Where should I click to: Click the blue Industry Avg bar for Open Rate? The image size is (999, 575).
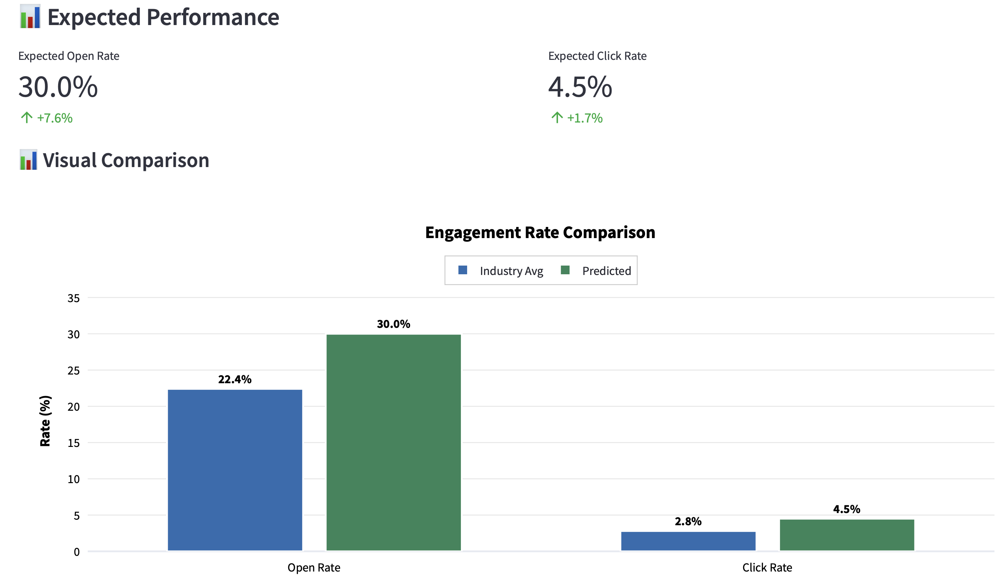tap(235, 470)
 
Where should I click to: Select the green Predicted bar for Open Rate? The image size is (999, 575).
tap(393, 442)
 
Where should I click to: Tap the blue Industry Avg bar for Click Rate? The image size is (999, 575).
tap(688, 541)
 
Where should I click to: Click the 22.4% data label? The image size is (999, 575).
tap(235, 379)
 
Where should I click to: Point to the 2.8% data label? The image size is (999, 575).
tap(688, 521)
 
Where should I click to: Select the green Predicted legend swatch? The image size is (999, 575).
tap(565, 270)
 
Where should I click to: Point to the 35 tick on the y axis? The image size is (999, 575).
tap(73, 298)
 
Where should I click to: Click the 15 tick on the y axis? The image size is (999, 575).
tap(73, 443)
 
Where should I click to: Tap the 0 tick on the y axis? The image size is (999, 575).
tap(77, 552)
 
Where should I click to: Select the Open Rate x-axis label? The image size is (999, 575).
tap(314, 567)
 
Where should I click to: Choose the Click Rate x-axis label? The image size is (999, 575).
tap(767, 567)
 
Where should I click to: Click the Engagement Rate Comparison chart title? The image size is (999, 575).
tap(540, 232)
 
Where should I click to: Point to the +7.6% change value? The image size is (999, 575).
tap(55, 118)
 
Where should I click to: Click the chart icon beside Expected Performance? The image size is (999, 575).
tap(30, 17)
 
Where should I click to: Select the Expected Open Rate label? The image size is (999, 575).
tap(69, 56)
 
